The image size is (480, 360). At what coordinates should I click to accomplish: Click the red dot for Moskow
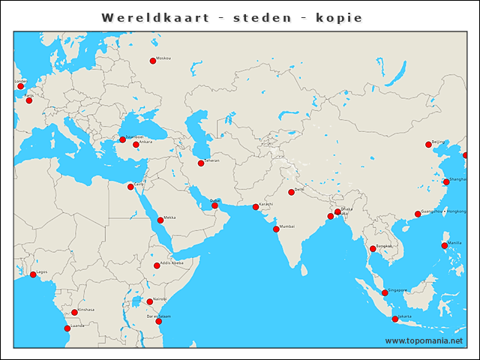click(153, 61)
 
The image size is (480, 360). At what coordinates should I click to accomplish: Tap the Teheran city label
click(212, 160)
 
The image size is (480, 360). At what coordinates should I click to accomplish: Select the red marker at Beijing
click(428, 145)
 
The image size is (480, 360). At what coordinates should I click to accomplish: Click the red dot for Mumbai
click(276, 229)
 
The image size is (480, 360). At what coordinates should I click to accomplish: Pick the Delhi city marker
click(291, 193)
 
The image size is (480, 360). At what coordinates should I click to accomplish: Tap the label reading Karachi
click(266, 204)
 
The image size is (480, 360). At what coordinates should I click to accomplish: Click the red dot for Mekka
click(160, 220)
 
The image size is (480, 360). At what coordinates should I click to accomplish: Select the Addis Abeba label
click(172, 263)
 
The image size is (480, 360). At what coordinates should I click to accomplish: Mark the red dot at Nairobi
click(150, 301)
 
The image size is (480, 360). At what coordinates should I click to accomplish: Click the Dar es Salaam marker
click(158, 322)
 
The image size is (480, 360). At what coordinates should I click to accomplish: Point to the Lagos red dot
click(33, 274)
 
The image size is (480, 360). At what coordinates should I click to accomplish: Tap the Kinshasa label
click(86, 310)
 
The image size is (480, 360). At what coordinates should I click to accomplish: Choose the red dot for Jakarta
click(395, 319)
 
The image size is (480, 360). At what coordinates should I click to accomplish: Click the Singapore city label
click(397, 290)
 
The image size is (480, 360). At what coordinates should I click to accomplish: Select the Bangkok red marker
click(373, 249)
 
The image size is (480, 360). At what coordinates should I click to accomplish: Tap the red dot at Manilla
click(445, 246)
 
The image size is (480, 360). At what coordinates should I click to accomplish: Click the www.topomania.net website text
click(424, 340)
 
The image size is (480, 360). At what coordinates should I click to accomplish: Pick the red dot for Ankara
click(136, 145)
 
